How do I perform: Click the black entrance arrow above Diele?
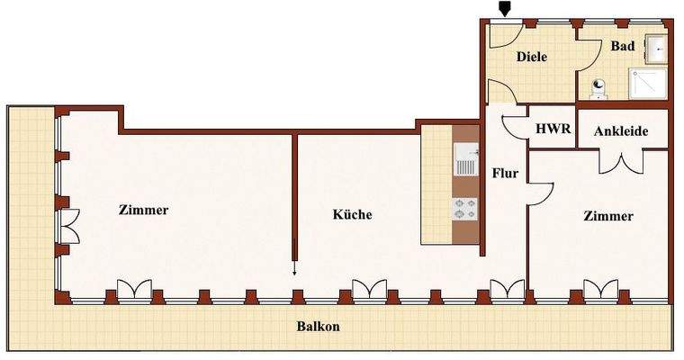504,9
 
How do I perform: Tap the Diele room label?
532,57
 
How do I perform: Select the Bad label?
623,46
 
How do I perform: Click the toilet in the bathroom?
599,86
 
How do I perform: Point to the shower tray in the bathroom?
650,83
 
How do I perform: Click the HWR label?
553,129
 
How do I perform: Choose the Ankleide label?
621,131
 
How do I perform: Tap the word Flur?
505,173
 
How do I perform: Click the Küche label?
352,215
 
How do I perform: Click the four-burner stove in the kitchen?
464,209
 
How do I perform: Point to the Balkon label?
319,327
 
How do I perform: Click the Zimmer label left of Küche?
144,210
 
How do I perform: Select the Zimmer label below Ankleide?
607,216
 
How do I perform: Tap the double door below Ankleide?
621,161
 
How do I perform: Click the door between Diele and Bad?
586,58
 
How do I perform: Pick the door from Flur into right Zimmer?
540,193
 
